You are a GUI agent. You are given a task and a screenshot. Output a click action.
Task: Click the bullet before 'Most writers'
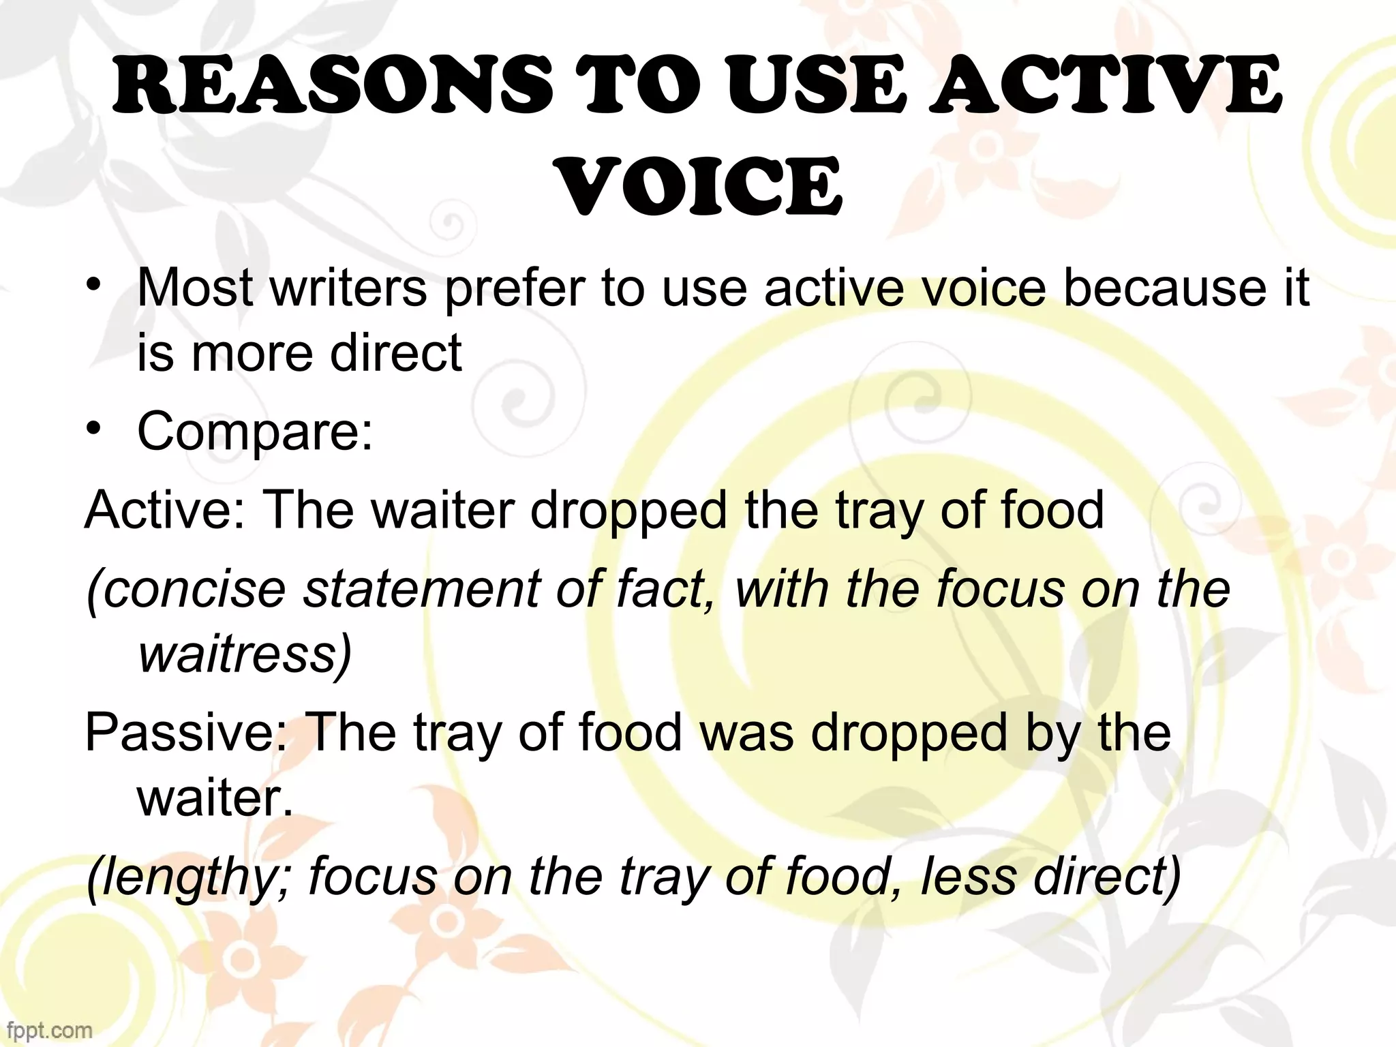pos(95,286)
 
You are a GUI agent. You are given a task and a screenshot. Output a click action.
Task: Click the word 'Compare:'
pos(256,431)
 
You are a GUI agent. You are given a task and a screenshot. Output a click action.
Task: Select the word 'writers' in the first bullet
pos(348,288)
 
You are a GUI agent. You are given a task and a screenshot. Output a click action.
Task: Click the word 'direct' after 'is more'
pos(395,353)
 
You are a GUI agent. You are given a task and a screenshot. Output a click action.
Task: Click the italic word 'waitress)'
pos(245,654)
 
